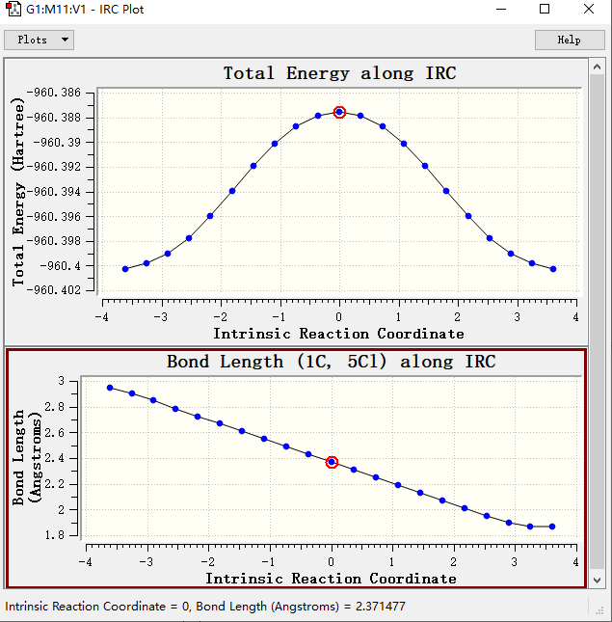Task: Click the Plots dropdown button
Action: pyautogui.click(x=40, y=40)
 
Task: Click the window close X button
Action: pyautogui.click(x=588, y=10)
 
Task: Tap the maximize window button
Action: pyautogui.click(x=545, y=10)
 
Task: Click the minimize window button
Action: pyautogui.click(x=501, y=10)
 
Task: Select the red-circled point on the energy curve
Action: pyautogui.click(x=339, y=112)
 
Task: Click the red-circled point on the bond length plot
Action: pyautogui.click(x=332, y=462)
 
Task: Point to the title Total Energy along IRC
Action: pyautogui.click(x=339, y=73)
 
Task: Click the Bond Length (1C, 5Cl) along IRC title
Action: pyautogui.click(x=331, y=363)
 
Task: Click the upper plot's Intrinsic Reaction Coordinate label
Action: pyautogui.click(x=338, y=334)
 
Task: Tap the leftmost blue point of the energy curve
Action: pyautogui.click(x=125, y=269)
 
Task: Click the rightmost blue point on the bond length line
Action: pyautogui.click(x=552, y=527)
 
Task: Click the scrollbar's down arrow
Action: pyautogui.click(x=597, y=581)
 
